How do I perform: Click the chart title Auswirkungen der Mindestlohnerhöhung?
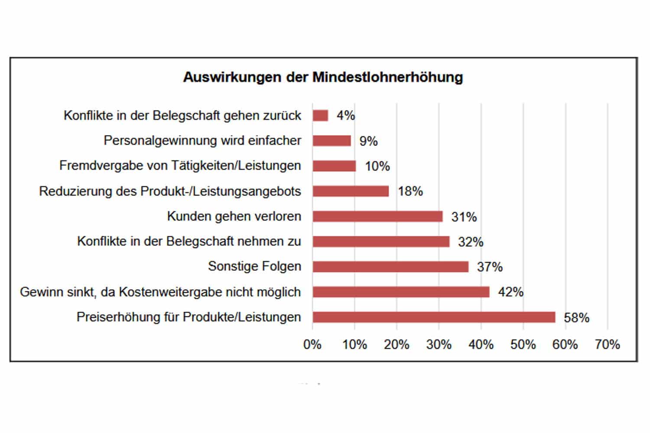[x=323, y=78]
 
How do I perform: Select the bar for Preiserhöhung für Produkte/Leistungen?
[x=434, y=317]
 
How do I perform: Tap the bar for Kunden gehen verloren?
[x=377, y=216]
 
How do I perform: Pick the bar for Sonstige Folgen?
[x=390, y=267]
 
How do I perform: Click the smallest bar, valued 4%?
[x=320, y=116]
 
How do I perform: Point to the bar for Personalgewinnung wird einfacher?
[x=331, y=141]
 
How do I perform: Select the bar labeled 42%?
[x=401, y=292]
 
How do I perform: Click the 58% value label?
[x=576, y=318]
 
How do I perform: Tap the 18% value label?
[x=410, y=191]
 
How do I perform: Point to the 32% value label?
[x=471, y=242]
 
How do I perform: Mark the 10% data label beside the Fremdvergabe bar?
[x=377, y=166]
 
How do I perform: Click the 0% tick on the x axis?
[x=312, y=345]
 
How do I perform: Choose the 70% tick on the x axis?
[x=608, y=345]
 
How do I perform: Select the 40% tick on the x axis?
[x=481, y=345]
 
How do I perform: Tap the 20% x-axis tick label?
[x=396, y=345]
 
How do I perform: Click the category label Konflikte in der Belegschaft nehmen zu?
[x=189, y=242]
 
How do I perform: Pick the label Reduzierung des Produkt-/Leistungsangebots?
[x=170, y=191]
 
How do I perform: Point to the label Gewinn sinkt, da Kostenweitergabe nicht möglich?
[x=160, y=292]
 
